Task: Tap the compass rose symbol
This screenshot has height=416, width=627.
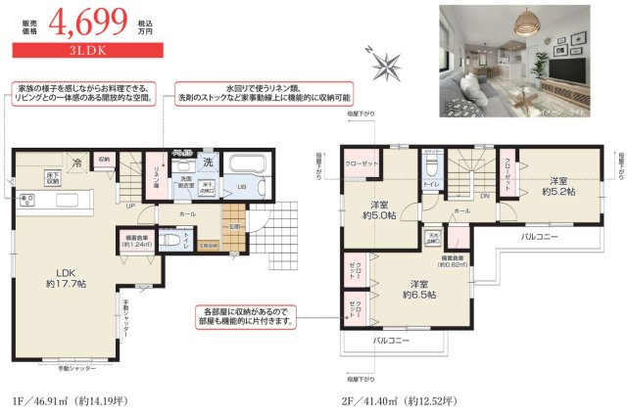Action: [x=386, y=66]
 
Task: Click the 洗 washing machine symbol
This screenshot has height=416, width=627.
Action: [x=207, y=162]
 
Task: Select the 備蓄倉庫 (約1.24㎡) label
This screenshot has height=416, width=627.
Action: [x=133, y=239]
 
